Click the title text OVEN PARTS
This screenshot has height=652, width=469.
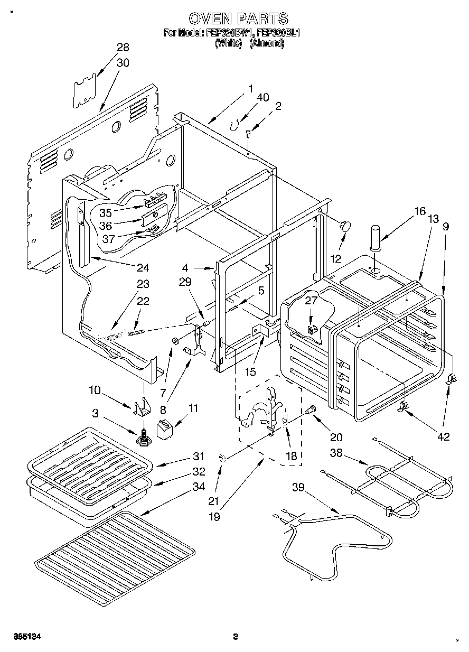coord(238,19)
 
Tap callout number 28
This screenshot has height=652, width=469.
coord(123,48)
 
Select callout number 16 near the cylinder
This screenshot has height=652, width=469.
coord(419,211)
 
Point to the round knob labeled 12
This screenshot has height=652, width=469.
coord(346,226)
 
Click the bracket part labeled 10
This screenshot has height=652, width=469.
coord(143,407)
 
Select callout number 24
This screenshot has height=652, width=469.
coord(143,267)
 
